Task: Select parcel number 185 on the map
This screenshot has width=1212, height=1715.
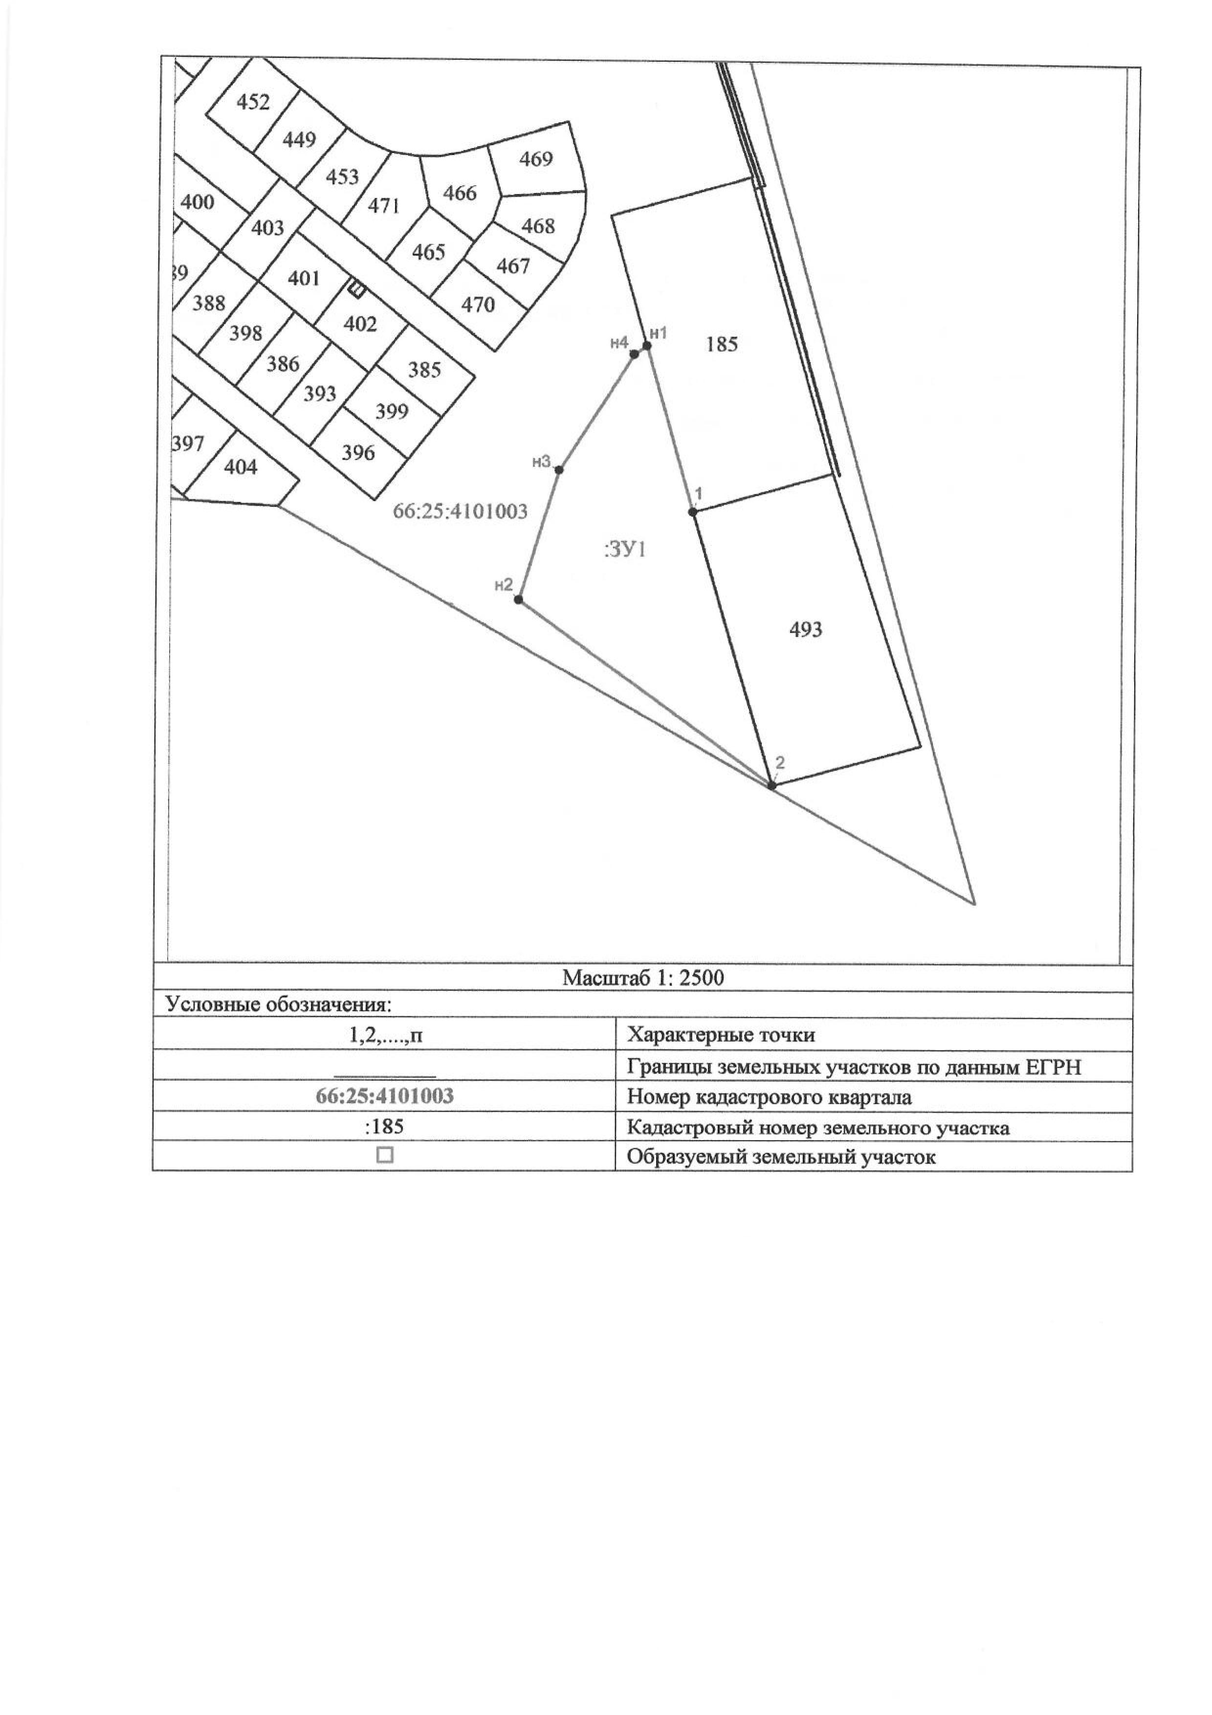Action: click(x=721, y=344)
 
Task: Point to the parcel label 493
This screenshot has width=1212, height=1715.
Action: click(x=806, y=630)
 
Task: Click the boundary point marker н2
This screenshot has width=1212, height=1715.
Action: click(x=518, y=600)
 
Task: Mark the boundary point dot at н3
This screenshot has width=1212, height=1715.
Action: click(x=559, y=469)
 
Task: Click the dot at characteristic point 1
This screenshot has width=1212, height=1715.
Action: click(x=693, y=512)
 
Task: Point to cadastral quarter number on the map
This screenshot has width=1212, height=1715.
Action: click(x=460, y=512)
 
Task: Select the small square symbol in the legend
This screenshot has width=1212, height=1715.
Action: click(x=385, y=1156)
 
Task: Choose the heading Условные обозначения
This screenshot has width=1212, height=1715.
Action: click(x=278, y=1005)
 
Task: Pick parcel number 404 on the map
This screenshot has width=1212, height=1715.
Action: click(x=241, y=467)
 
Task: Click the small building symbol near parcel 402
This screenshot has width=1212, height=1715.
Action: click(x=357, y=288)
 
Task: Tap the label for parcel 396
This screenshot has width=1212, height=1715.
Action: click(x=358, y=453)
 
